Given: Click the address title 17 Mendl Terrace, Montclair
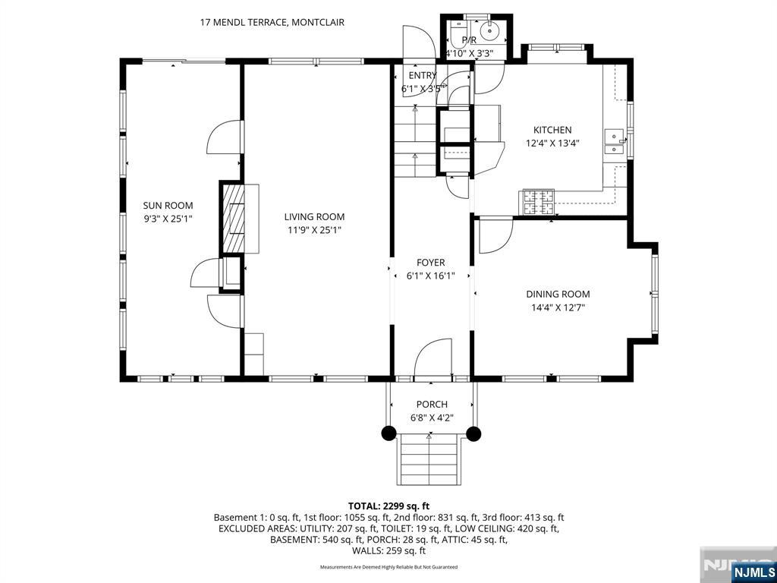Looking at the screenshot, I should point(272,22).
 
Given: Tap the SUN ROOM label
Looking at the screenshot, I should point(168,205).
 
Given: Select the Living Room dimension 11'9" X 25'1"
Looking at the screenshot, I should point(314,230).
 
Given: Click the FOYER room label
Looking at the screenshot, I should point(430,263).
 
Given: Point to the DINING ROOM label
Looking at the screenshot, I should point(558,294).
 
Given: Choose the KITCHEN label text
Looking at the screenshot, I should point(552,130).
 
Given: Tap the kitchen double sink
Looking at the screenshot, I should point(614,142).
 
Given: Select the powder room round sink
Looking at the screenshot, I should point(489,32).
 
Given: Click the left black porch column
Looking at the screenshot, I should point(388,433).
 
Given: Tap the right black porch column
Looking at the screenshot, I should point(473,433).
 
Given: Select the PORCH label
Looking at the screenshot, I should point(432,404).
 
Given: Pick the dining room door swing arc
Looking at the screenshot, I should point(494,236).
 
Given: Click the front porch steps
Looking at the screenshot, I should point(429,459).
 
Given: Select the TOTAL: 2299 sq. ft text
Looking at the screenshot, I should point(388,506).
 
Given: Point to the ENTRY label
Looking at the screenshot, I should point(423,75).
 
